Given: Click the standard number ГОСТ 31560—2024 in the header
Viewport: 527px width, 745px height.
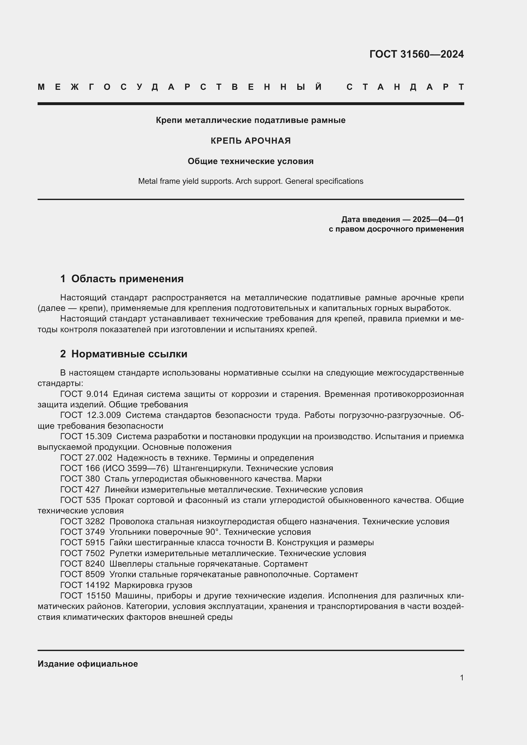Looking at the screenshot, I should (416, 54).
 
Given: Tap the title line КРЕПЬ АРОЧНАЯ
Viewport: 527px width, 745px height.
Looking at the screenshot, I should (250, 141).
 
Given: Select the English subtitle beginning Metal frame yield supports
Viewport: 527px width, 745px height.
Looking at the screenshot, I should (250, 181).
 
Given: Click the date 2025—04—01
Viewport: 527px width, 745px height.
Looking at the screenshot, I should (438, 219).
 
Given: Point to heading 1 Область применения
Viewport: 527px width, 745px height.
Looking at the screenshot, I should (122, 279).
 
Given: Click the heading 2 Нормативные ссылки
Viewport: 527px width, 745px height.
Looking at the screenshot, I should (124, 354).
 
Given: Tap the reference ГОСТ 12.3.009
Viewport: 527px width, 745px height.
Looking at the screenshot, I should (90, 415).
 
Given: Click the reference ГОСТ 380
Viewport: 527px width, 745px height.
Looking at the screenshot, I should (80, 479).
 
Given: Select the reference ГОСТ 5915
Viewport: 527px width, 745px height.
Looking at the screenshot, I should (83, 542).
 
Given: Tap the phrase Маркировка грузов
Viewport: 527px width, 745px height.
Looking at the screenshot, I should (153, 585).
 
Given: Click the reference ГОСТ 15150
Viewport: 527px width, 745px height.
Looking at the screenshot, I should (85, 596).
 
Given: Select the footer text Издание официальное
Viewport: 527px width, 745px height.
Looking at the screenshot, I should (88, 664).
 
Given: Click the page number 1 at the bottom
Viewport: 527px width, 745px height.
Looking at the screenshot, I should (461, 678).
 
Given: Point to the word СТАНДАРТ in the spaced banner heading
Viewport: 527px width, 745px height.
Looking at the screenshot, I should (405, 87).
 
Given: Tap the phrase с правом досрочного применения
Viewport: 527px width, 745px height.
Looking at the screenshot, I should (396, 229).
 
